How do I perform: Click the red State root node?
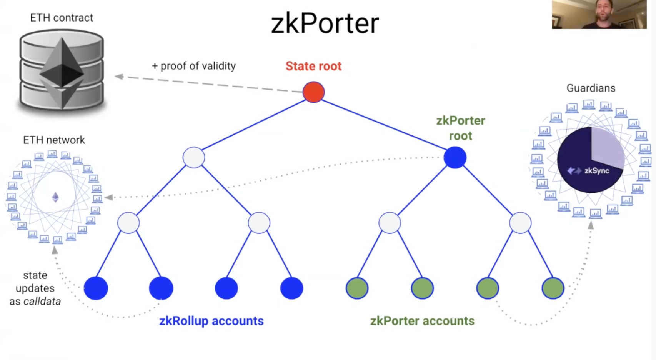pos(313,92)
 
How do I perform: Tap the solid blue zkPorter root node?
pos(455,158)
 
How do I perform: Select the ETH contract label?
pos(62,18)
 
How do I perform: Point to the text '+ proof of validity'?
pos(194,66)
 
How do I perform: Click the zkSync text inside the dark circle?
pos(596,171)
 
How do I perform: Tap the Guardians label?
pos(591,88)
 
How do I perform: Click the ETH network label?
pos(54,140)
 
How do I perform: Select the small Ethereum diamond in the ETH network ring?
pos(55,197)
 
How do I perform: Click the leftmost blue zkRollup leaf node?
pos(96,288)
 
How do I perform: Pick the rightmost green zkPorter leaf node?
pos(553,288)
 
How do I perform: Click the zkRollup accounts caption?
pos(211,321)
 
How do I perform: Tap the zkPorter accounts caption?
pos(422,321)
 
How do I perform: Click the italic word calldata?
pos(42,301)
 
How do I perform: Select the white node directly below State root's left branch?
pos(193,158)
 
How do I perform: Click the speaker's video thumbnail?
pos(599,14)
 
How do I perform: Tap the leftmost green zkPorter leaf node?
pos(357,288)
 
